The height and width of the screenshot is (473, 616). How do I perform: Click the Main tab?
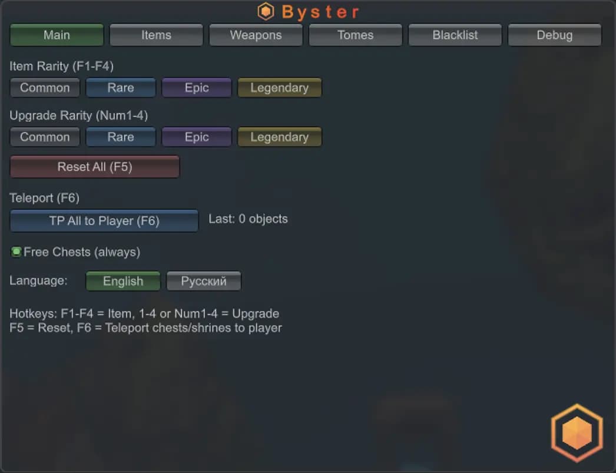tap(57, 35)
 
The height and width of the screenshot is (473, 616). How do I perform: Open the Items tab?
tap(157, 35)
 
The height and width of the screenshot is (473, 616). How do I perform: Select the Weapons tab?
tap(256, 35)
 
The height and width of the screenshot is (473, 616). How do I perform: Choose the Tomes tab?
tap(356, 35)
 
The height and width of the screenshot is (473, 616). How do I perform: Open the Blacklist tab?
tap(455, 35)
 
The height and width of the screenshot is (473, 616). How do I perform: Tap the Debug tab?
tap(555, 35)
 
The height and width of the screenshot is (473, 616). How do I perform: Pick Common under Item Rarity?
tap(45, 88)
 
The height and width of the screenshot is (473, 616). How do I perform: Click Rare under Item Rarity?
tap(121, 88)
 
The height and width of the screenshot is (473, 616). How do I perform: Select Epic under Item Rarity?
tap(197, 88)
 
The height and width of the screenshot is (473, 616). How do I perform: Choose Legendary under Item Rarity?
tap(279, 88)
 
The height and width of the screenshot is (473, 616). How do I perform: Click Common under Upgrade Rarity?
tap(45, 137)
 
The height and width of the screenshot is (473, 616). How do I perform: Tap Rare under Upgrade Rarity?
tap(121, 137)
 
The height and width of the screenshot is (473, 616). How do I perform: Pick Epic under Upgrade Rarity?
tap(197, 137)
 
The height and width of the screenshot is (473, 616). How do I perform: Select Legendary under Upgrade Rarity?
tap(279, 137)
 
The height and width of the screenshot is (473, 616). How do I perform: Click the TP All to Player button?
tap(104, 221)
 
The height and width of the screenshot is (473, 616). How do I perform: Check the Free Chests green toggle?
tap(16, 252)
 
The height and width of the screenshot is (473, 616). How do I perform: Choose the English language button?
tap(123, 281)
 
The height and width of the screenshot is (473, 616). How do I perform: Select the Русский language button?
tap(204, 281)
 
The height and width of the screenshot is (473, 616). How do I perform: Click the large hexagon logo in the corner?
tap(577, 432)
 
